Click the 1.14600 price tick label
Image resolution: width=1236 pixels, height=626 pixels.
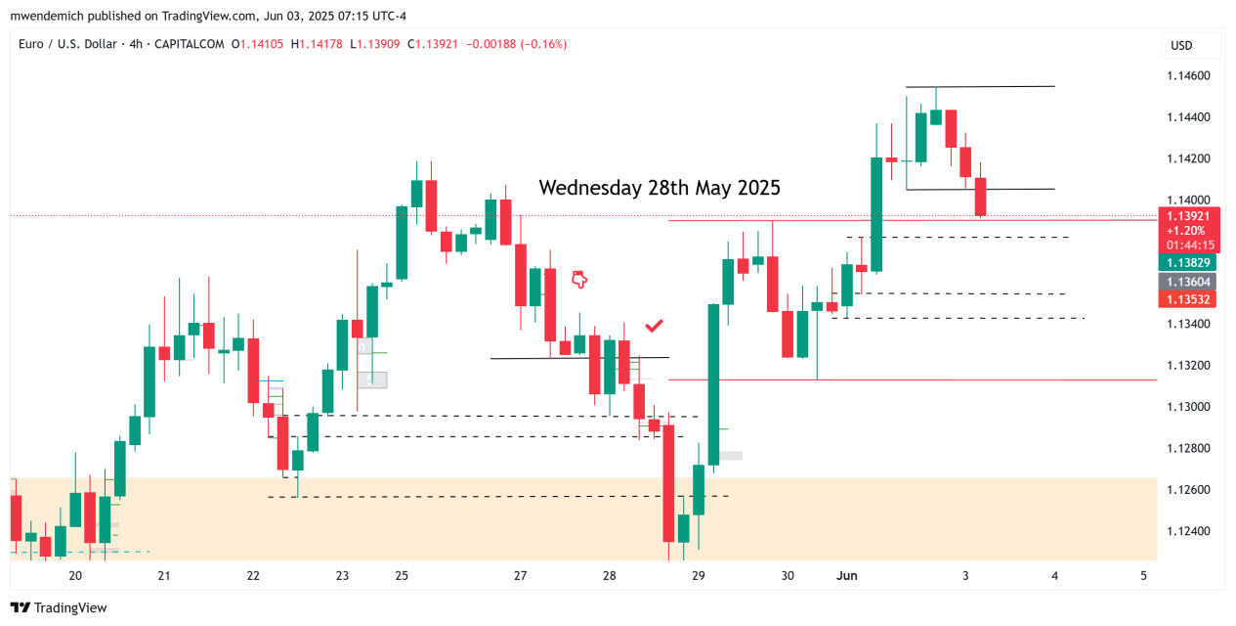1189,76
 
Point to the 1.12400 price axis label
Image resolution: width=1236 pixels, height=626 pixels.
1189,531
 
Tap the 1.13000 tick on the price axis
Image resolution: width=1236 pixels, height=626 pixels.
1189,407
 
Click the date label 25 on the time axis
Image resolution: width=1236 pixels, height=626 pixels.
402,576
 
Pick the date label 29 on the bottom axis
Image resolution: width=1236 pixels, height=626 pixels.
699,576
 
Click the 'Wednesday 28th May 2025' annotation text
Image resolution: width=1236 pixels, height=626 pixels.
660,187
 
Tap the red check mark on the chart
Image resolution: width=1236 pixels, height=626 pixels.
655,325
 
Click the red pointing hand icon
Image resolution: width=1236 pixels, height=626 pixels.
579,280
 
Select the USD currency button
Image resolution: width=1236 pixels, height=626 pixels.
1181,45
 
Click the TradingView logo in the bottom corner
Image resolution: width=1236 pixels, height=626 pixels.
59,607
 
